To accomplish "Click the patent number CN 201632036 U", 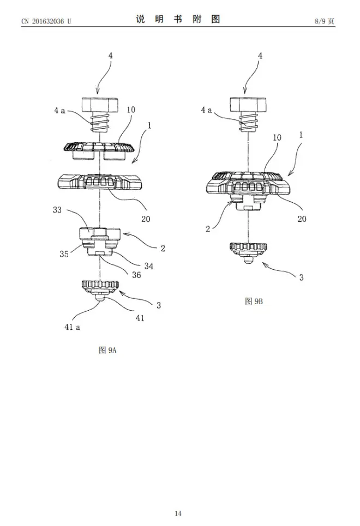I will [x=46, y=21].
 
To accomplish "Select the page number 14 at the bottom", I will [x=178, y=513].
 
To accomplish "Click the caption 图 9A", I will [x=107, y=350].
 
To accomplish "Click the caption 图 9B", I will [x=254, y=301].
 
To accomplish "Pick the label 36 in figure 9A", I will [x=136, y=275].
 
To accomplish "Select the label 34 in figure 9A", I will [x=149, y=266].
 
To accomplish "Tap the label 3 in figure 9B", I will [x=301, y=277].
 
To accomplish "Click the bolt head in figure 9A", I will [x=101, y=104].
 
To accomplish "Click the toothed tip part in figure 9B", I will [x=249, y=251].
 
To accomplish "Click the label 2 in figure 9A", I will [x=163, y=248].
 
